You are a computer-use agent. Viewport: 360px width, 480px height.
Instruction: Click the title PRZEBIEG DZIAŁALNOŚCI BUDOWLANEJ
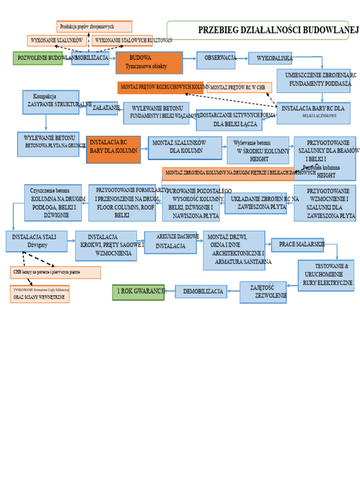coord(278,30)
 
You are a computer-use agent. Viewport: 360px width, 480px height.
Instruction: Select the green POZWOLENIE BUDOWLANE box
coord(37,58)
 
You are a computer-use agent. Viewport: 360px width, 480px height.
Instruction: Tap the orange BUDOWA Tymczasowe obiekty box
coord(149,63)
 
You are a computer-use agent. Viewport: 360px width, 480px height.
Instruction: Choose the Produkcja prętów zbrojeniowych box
coord(94,27)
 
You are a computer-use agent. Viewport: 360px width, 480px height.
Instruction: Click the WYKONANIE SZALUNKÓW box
coord(57,41)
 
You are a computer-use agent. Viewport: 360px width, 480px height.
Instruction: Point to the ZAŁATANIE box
coord(102,108)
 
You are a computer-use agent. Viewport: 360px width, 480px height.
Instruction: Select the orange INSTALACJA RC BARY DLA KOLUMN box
coord(113,149)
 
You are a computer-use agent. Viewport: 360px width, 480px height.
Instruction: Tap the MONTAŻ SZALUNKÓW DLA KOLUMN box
coord(185,148)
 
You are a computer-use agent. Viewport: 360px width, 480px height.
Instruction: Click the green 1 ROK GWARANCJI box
coord(138,292)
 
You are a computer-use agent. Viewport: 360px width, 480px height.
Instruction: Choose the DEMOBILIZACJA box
coord(201,292)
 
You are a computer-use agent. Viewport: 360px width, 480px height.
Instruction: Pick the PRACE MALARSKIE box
coord(297,245)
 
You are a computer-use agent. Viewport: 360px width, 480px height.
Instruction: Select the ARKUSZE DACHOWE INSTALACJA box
coord(171,242)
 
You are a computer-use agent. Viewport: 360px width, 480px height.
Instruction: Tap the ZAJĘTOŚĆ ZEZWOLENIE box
coord(263,292)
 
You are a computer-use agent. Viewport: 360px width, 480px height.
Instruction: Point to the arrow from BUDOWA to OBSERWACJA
coord(189,59)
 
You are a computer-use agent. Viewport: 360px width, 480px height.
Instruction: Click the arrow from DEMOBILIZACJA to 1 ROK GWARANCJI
coord(170,292)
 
